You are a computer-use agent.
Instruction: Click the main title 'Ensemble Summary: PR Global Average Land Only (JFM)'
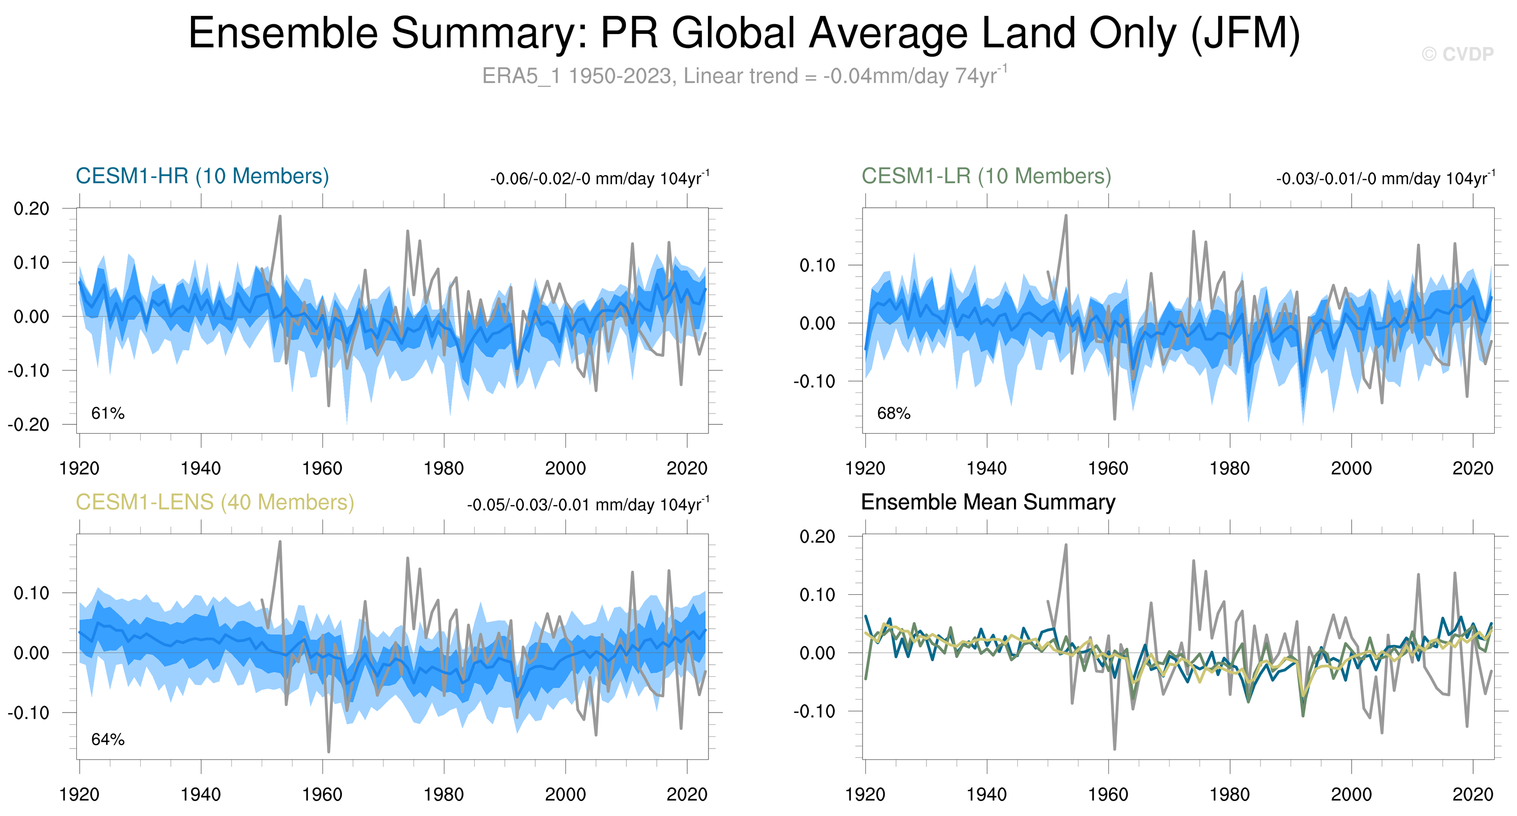[744, 33]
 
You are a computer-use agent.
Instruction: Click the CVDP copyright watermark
[1457, 54]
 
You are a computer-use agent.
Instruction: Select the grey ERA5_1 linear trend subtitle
[744, 76]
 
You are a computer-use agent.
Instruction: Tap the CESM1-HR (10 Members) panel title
[202, 176]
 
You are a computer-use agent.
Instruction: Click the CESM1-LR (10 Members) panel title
[986, 176]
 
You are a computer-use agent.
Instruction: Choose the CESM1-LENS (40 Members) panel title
[215, 502]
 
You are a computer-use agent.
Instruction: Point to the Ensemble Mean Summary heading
[987, 502]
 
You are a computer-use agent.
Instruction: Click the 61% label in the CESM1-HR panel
[108, 413]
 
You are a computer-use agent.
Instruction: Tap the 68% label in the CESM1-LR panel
[893, 413]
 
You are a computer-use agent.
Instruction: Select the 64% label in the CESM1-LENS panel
[108, 740]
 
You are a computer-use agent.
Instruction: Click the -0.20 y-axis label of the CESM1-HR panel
[28, 424]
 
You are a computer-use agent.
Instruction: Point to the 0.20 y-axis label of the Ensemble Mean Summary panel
[817, 537]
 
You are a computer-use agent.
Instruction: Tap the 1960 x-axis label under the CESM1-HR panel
[322, 468]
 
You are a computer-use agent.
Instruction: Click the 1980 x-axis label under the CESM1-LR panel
[1230, 468]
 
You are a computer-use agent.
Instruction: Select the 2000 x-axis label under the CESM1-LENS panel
[565, 794]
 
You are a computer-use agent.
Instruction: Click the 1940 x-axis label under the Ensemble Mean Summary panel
[986, 794]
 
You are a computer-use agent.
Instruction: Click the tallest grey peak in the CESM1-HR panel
[280, 216]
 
